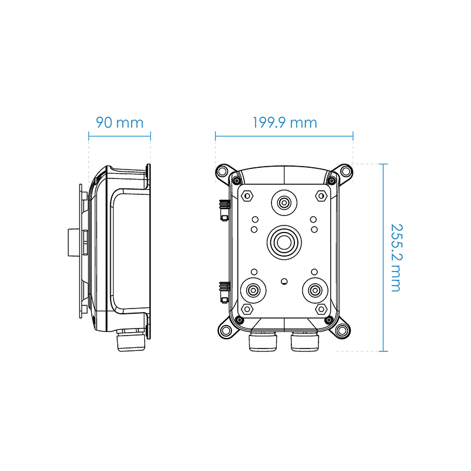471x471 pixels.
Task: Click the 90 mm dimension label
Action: point(120,122)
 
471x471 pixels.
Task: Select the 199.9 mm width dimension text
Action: point(284,122)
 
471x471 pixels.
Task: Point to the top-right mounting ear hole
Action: point(346,171)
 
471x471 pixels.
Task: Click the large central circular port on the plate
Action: point(284,241)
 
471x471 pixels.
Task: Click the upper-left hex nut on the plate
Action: point(247,194)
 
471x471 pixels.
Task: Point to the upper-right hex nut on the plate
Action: point(321,194)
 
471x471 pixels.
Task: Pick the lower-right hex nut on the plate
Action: point(321,309)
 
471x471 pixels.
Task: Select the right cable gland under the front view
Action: point(304,342)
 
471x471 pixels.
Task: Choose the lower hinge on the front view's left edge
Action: point(223,290)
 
